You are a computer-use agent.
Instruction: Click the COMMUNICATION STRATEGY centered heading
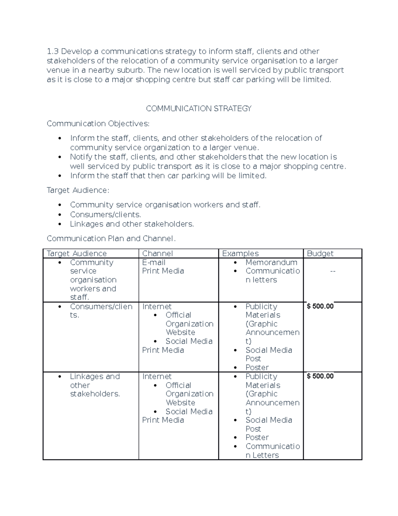pyautogui.click(x=199, y=109)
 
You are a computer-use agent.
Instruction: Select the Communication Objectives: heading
pyautogui.click(x=98, y=124)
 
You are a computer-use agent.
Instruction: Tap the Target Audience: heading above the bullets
pyautogui.click(x=78, y=190)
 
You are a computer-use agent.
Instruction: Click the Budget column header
pyautogui.click(x=320, y=254)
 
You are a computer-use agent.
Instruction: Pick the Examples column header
pyautogui.click(x=240, y=254)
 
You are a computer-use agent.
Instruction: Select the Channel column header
pyautogui.click(x=157, y=254)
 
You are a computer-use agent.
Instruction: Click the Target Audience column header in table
pyautogui.click(x=77, y=254)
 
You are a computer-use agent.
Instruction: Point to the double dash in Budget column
pyautogui.click(x=333, y=271)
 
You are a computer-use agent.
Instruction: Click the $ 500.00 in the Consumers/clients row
pyautogui.click(x=320, y=306)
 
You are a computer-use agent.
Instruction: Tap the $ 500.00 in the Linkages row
pyautogui.click(x=320, y=376)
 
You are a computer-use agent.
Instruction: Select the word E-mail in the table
pyautogui.click(x=154, y=262)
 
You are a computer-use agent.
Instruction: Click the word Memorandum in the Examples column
pyautogui.click(x=271, y=262)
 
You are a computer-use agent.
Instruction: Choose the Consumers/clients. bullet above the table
pyautogui.click(x=105, y=215)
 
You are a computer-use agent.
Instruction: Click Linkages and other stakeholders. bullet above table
pyautogui.click(x=132, y=224)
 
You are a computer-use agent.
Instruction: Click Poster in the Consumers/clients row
pyautogui.click(x=257, y=367)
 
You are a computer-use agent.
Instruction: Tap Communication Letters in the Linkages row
pyautogui.click(x=272, y=451)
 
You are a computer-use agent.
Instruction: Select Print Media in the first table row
pyautogui.click(x=163, y=271)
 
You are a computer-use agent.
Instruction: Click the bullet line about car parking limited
pyautogui.click(x=168, y=176)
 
